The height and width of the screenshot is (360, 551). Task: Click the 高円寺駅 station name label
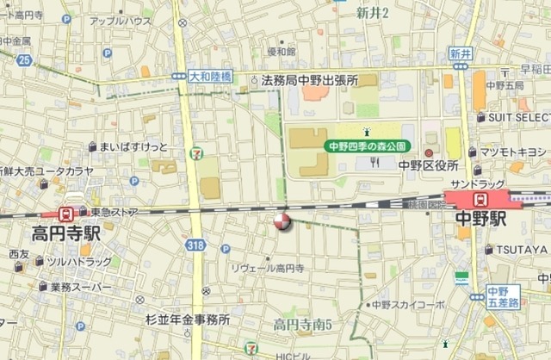(x=66, y=233)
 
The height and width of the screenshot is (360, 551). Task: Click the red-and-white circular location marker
(x=282, y=222)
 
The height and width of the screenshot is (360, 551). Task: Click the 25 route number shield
(x=23, y=59)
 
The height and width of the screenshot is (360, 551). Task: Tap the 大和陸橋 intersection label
(x=210, y=77)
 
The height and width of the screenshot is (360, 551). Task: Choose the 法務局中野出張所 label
(x=310, y=80)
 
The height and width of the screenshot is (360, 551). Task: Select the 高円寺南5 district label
(x=303, y=325)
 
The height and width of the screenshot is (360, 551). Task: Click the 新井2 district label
(x=373, y=12)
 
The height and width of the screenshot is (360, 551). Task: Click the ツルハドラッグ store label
(x=79, y=261)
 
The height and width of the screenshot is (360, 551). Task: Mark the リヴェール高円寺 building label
(x=268, y=269)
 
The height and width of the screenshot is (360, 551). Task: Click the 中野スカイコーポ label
(x=408, y=305)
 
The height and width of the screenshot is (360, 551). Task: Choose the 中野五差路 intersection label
(x=501, y=296)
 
